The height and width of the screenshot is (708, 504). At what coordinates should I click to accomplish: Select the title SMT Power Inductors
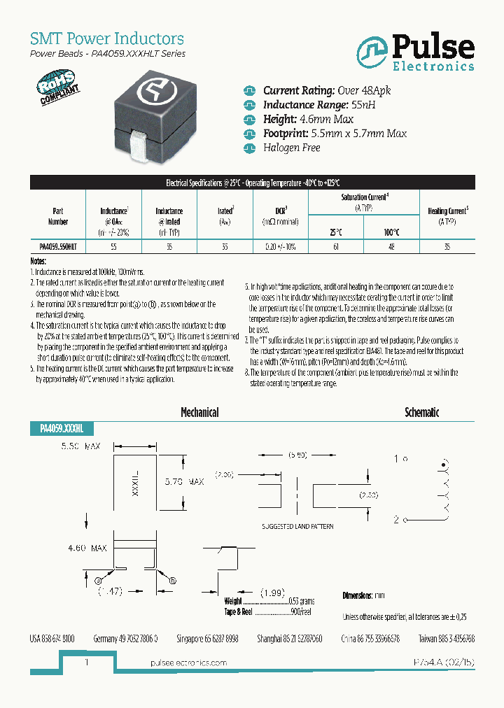(x=107, y=38)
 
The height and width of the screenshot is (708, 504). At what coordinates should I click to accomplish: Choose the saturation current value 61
(x=337, y=247)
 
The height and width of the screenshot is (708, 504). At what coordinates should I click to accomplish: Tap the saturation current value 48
(x=391, y=247)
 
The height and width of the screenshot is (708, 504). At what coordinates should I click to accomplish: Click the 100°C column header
(x=391, y=232)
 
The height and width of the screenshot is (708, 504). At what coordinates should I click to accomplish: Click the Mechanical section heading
(x=199, y=413)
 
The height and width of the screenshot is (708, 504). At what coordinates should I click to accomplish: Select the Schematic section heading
(x=422, y=413)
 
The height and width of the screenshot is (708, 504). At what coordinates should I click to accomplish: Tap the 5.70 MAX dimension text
(x=183, y=482)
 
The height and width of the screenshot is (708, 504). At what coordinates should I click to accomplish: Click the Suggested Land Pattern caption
(x=297, y=525)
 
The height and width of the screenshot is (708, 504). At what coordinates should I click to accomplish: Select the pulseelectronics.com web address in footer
(x=189, y=663)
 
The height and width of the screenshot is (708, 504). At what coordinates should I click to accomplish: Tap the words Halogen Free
(x=291, y=148)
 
